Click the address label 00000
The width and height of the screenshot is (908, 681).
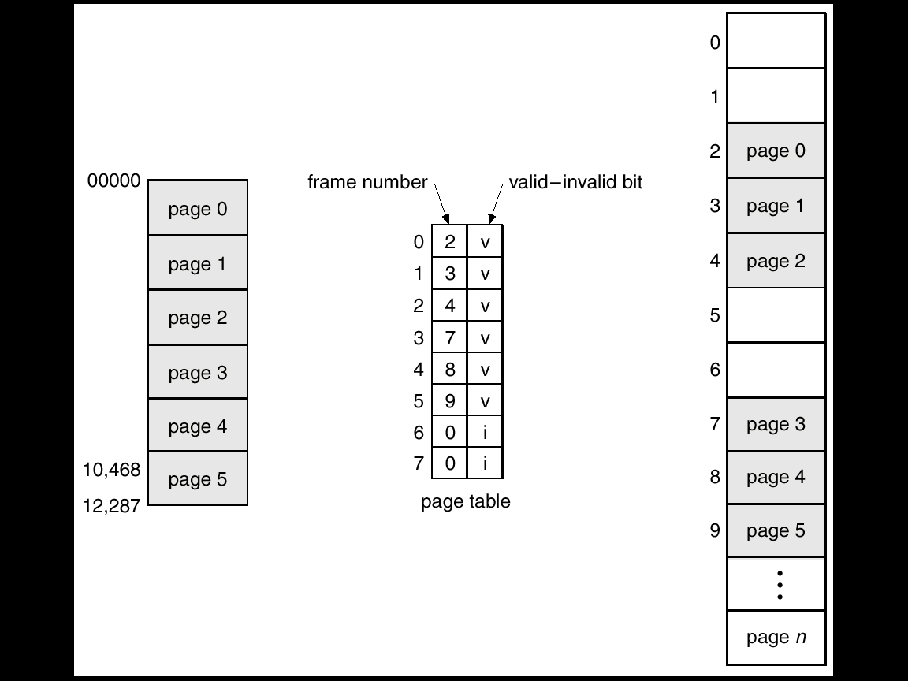pyautogui.click(x=113, y=181)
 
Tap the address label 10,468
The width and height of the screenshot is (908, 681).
pyautogui.click(x=111, y=471)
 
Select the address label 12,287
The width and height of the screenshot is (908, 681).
pyautogui.click(x=111, y=506)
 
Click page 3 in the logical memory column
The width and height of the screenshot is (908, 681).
pyautogui.click(x=198, y=372)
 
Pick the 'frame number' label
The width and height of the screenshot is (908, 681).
pyautogui.click(x=367, y=183)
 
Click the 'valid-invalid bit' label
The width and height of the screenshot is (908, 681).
pyautogui.click(x=575, y=183)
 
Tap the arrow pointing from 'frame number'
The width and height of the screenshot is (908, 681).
pyautogui.click(x=441, y=204)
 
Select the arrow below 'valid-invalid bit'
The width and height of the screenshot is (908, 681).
pyautogui.click(x=496, y=204)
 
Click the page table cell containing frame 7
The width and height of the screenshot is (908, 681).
pyautogui.click(x=449, y=338)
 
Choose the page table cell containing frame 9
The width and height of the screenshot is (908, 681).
pyautogui.click(x=449, y=401)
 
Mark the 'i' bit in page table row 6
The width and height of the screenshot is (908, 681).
pyautogui.click(x=485, y=433)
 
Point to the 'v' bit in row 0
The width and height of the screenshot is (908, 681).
pyautogui.click(x=485, y=242)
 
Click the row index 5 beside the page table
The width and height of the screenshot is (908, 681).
pyautogui.click(x=419, y=401)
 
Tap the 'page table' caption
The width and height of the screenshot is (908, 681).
pyautogui.click(x=465, y=501)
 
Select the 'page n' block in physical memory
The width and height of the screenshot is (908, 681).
pyautogui.click(x=776, y=638)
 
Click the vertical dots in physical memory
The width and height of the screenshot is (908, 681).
pyautogui.click(x=779, y=585)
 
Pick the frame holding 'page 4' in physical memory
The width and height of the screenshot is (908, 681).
pyautogui.click(x=776, y=478)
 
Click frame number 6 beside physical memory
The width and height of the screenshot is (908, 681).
pyautogui.click(x=715, y=369)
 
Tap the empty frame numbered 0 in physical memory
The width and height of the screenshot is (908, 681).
pyautogui.click(x=776, y=41)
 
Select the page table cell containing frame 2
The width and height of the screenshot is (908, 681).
pyautogui.click(x=449, y=242)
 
